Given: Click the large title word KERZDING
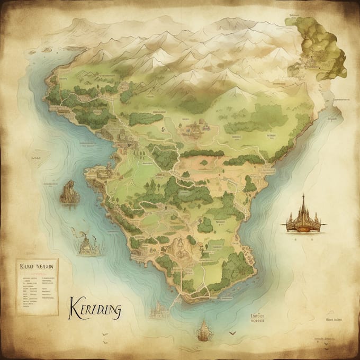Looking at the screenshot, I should (x=95, y=309).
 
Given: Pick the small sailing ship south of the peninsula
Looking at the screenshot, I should (x=203, y=331).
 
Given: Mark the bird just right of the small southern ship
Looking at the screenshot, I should (x=231, y=334).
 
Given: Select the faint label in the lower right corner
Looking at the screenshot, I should (x=334, y=320).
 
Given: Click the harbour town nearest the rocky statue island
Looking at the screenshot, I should (x=103, y=172).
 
